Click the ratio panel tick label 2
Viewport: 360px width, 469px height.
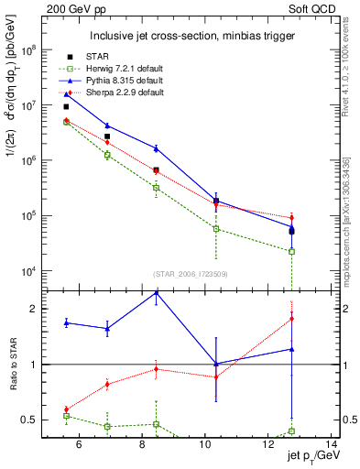pyautogui.click(x=35, y=309)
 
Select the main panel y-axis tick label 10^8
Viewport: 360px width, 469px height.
pyautogui.click(x=27, y=51)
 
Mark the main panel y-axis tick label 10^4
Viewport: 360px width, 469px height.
pyautogui.click(x=27, y=271)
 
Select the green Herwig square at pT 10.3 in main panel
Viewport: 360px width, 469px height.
pyautogui.click(x=216, y=228)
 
